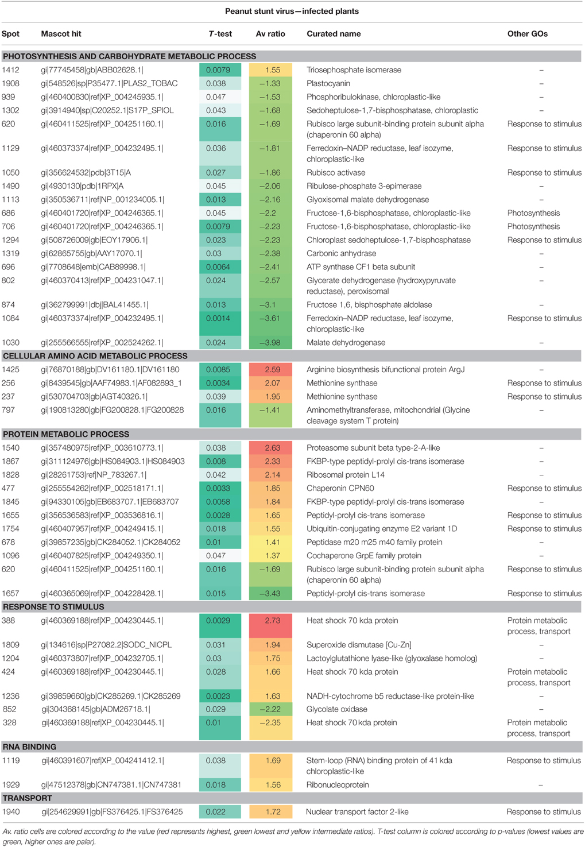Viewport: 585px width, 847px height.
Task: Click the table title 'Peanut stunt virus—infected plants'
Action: (292, 11)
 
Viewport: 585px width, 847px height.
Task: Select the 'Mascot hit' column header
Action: (61, 34)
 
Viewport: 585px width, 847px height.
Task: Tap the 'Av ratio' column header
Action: (270, 34)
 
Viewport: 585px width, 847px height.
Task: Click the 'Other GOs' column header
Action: (527, 34)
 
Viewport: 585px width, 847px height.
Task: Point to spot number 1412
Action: (10, 70)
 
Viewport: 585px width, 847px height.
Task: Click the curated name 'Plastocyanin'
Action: (328, 84)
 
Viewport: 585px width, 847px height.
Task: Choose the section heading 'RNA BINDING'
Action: (30, 747)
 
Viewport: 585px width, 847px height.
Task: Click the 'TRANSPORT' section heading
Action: (27, 798)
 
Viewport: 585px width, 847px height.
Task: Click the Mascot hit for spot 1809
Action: (106, 645)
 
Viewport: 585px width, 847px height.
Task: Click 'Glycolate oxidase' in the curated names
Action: (336, 710)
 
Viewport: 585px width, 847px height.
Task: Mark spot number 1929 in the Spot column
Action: (10, 785)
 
